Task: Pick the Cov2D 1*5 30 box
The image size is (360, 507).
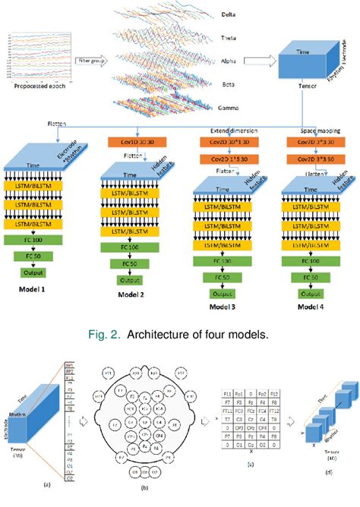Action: point(226,159)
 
